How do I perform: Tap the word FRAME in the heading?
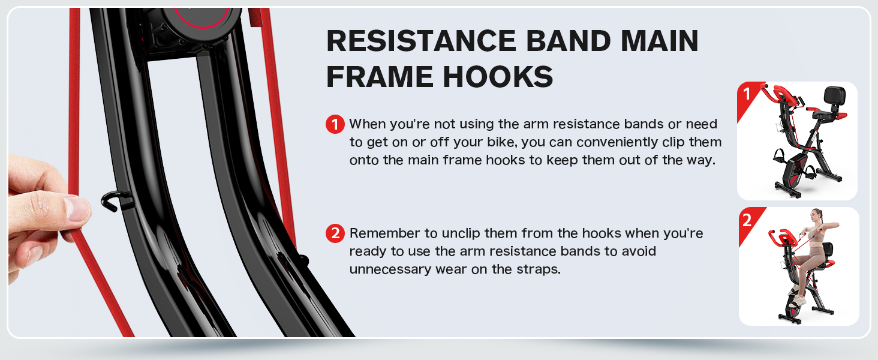(382, 77)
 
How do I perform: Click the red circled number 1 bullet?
(335, 125)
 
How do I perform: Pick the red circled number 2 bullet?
(335, 233)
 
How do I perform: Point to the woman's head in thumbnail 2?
(816, 215)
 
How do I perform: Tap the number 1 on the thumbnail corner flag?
(747, 94)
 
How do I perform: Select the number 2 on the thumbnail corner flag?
(747, 220)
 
